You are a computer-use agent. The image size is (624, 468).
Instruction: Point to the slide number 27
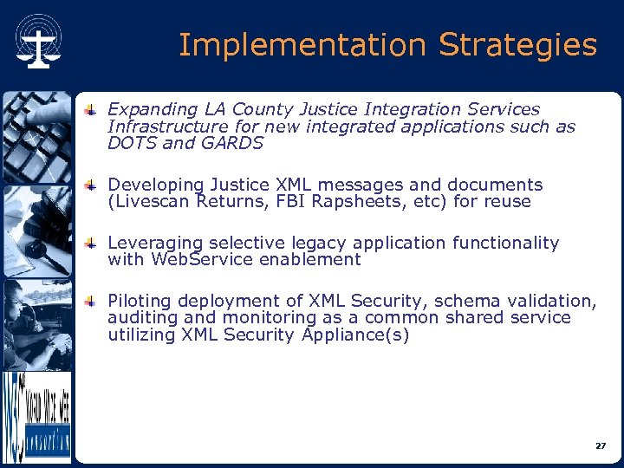(601, 445)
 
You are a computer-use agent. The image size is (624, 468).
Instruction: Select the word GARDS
(232, 143)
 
